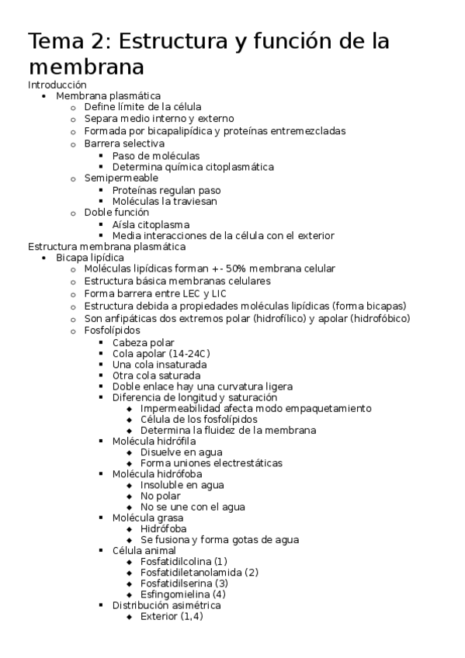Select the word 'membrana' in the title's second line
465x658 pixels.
point(85,66)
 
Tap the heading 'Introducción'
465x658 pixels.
point(57,85)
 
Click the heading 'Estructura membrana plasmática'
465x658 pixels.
point(106,247)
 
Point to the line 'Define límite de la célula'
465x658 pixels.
point(143,107)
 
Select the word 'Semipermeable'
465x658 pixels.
point(121,178)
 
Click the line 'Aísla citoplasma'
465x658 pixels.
point(151,225)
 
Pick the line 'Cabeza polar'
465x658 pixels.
point(143,342)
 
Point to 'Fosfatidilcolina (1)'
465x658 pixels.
point(184,561)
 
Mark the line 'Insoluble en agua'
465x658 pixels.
point(182,485)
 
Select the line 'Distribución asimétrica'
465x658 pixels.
point(166,605)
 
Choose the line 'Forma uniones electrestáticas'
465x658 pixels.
point(211,463)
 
